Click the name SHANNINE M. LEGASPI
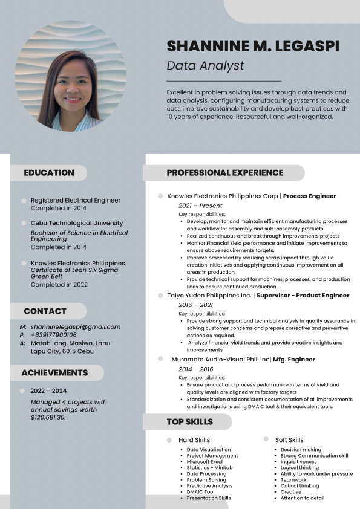click(253, 46)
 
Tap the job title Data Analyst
click(205, 66)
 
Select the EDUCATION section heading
click(49, 173)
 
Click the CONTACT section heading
click(45, 311)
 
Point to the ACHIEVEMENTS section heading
click(54, 373)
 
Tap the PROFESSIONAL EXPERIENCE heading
click(224, 173)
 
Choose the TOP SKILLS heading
click(190, 422)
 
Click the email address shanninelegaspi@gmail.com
click(76, 327)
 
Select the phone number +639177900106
click(54, 335)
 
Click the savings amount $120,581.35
click(48, 417)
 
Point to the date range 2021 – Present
click(192, 206)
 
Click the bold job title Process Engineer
click(309, 196)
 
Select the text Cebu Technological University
click(77, 223)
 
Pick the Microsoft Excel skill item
click(205, 462)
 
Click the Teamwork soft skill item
click(293, 480)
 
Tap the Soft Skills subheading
click(289, 440)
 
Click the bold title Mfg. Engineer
click(294, 360)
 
